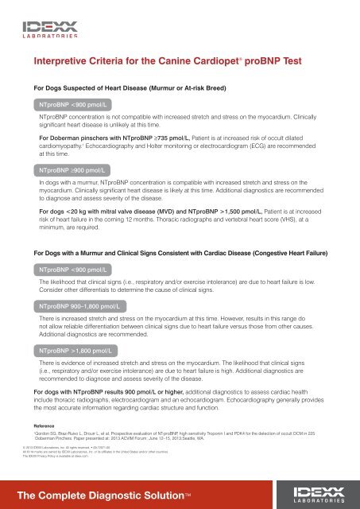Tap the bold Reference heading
(48, 426)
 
